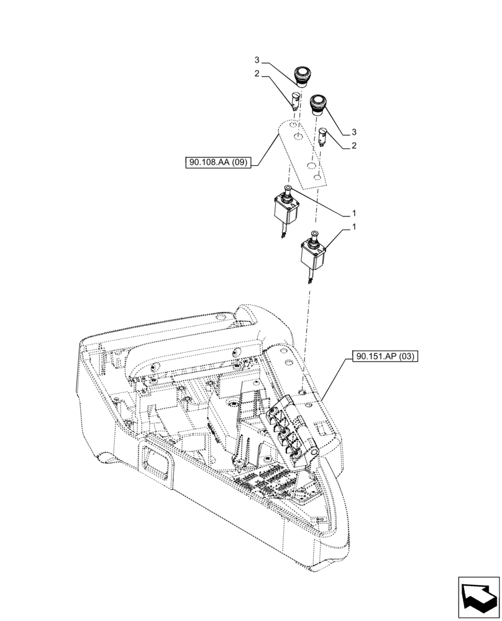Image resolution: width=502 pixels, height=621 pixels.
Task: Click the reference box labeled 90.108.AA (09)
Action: click(217, 163)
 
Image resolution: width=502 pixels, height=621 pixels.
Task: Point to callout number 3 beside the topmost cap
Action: click(257, 60)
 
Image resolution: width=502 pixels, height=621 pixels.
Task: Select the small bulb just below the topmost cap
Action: click(296, 98)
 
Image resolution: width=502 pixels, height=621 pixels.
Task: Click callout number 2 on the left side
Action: click(257, 75)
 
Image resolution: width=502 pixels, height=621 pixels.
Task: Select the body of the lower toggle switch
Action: click(313, 253)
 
